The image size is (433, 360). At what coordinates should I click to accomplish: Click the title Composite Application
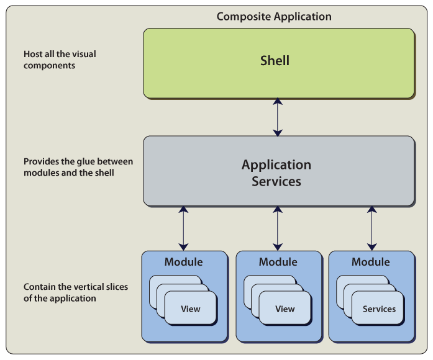point(274,16)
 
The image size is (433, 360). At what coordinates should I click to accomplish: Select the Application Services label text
point(276,173)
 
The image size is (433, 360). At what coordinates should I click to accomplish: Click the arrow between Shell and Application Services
point(278,117)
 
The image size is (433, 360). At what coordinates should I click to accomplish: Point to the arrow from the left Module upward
point(183,228)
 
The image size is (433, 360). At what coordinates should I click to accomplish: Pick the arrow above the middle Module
point(278,228)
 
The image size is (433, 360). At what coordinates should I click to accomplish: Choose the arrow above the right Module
point(371,228)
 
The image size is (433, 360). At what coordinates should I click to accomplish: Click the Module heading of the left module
point(183,261)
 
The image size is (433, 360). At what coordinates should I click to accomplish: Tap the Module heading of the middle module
point(278,261)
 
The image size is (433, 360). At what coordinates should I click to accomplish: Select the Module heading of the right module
point(371,261)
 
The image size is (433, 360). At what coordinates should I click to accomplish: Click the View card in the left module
point(191,308)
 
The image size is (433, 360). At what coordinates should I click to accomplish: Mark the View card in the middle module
point(285,308)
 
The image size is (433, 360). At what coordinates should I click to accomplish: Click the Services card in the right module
point(379,308)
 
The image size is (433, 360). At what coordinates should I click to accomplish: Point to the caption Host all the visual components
point(60,59)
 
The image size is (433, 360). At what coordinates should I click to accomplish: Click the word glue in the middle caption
point(88,161)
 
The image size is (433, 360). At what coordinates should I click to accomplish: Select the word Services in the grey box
point(276,182)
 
